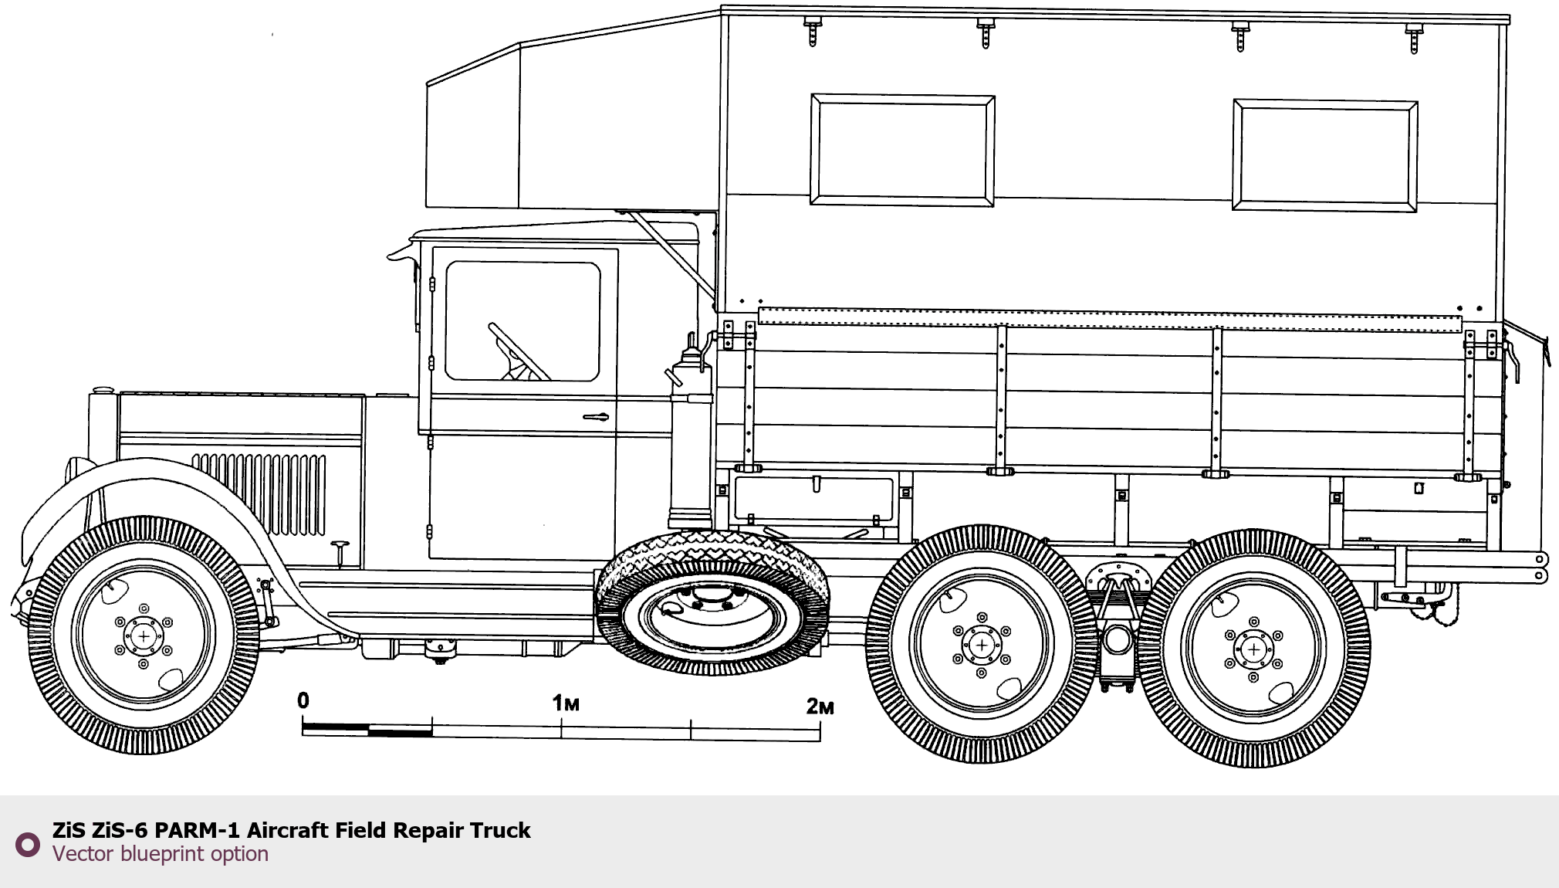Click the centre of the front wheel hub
point(144,635)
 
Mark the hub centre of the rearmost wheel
point(1253,649)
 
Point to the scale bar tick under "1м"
point(562,727)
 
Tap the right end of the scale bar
point(820,730)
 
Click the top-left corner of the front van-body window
point(812,96)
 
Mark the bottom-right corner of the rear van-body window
point(1417,210)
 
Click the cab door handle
point(595,418)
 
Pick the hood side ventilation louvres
point(259,493)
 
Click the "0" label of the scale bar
point(303,700)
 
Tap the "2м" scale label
point(820,706)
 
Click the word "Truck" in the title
point(500,830)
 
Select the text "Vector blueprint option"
point(161,854)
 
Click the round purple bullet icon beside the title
point(28,844)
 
